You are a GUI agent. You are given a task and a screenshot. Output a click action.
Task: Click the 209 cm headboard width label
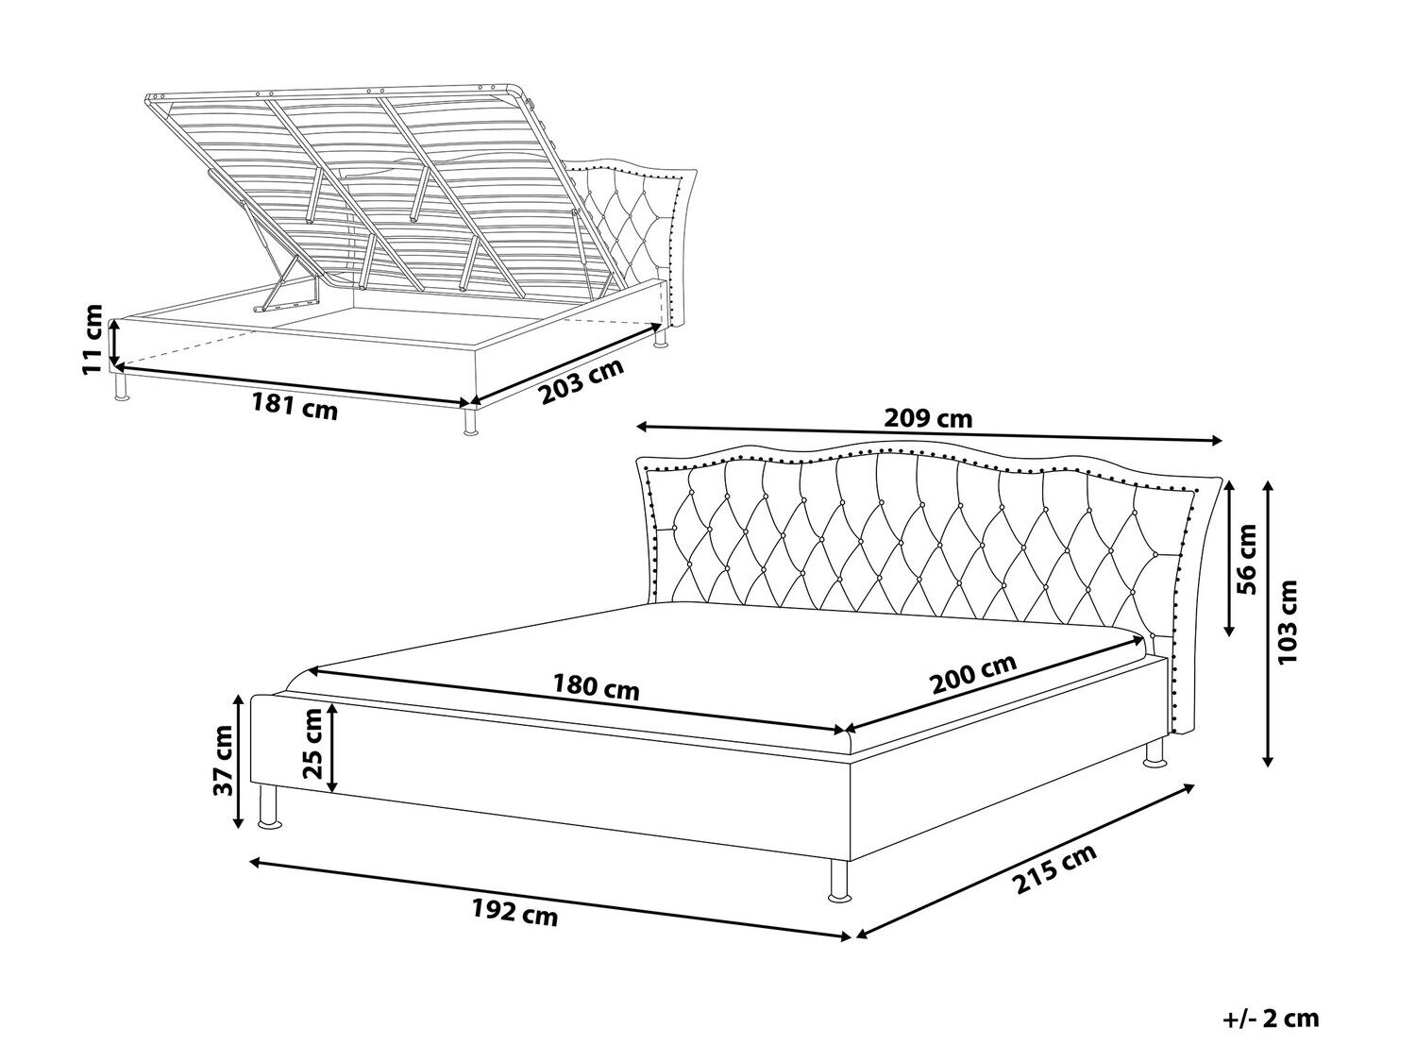[x=928, y=419]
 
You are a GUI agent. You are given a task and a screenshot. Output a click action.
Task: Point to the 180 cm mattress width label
[x=596, y=687]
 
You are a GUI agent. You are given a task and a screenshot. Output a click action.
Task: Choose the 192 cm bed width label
[x=514, y=913]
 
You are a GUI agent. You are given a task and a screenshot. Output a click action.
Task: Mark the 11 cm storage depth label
[x=93, y=339]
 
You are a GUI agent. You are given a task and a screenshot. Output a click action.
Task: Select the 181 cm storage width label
[x=295, y=406]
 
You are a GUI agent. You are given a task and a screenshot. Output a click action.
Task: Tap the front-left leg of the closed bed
[x=269, y=807]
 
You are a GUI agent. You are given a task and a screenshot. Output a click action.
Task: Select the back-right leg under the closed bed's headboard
[x=1155, y=752]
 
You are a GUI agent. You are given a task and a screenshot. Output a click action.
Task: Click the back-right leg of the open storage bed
[x=660, y=337]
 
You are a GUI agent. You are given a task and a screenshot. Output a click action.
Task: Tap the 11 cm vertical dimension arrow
[x=114, y=343]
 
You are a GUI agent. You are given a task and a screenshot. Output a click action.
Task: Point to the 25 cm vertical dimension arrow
[x=332, y=748]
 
